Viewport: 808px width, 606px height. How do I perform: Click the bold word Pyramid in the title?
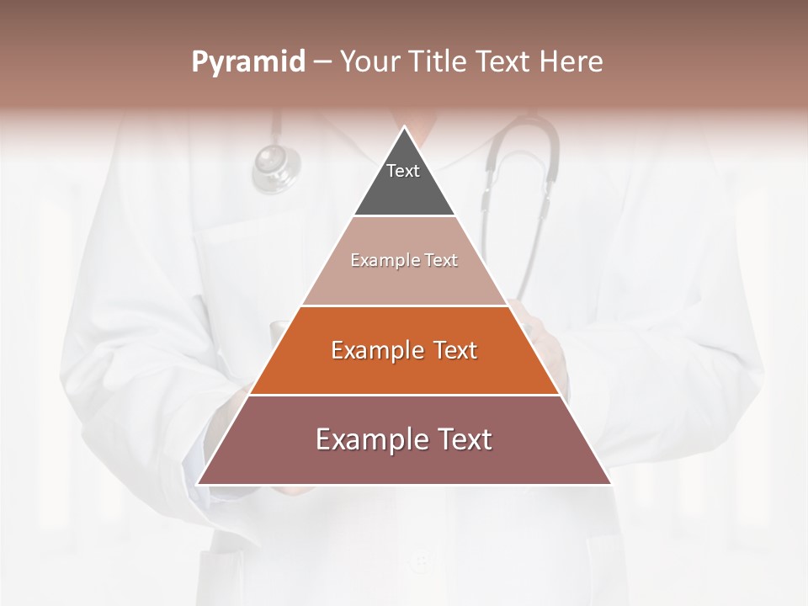coord(247,62)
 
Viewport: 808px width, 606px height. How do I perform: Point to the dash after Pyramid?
coord(322,62)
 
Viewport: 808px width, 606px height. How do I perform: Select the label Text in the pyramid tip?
coord(403,171)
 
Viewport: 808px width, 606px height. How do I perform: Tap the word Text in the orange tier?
coord(455,350)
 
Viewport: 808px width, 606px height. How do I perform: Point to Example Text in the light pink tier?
coord(404,260)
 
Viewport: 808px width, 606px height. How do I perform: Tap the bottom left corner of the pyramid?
coord(199,483)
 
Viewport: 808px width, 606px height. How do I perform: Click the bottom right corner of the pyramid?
coord(610,483)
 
